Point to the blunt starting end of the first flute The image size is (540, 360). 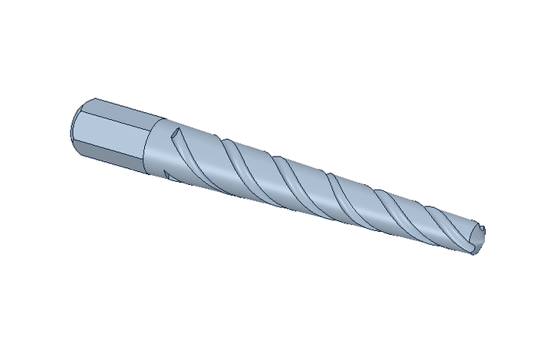177,134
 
